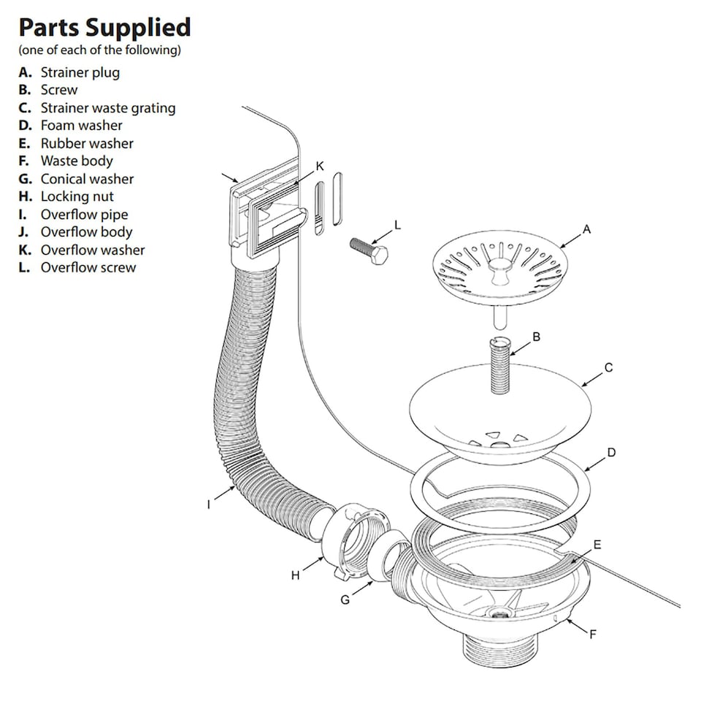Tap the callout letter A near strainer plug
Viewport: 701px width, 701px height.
point(586,229)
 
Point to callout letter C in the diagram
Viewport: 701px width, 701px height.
point(609,367)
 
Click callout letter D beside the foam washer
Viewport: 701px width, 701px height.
point(611,453)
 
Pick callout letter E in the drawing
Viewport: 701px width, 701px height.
point(597,544)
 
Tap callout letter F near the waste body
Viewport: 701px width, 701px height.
point(593,634)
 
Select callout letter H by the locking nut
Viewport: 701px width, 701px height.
point(295,575)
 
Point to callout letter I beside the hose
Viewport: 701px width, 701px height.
point(209,504)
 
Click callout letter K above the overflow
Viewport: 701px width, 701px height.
point(320,166)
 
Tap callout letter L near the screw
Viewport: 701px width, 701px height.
point(397,226)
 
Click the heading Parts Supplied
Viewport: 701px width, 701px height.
point(104,28)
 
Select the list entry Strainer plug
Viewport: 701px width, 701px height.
point(80,72)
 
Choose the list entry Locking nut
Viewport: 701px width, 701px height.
point(77,196)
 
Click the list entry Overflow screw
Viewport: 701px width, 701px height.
point(88,267)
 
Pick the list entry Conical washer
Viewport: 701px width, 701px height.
point(87,179)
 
